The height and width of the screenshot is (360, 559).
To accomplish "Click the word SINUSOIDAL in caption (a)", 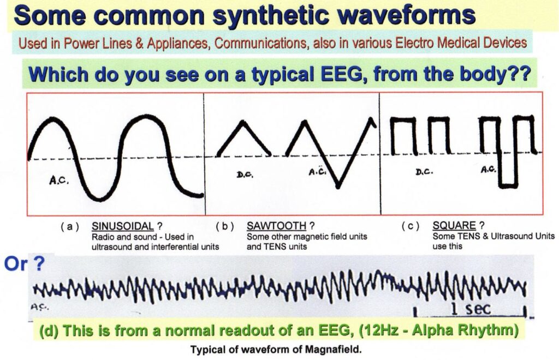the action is tap(123, 226).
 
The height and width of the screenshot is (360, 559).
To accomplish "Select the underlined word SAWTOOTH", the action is tap(276, 226).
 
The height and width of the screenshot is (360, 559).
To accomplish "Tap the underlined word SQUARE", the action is tap(454, 225).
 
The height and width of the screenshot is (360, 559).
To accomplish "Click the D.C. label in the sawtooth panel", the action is tap(245, 175).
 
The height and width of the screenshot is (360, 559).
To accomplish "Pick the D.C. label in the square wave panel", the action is tap(424, 172).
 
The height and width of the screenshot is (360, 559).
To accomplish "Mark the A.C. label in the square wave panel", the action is tap(488, 170).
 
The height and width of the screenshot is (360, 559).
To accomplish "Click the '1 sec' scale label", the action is tap(471, 308).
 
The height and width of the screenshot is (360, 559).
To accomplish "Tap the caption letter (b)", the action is tap(225, 226).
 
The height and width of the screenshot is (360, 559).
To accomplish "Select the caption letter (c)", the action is tap(411, 226).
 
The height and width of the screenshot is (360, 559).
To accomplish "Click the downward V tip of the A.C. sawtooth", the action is tap(338, 186).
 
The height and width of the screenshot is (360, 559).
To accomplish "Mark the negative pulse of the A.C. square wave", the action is tap(508, 169).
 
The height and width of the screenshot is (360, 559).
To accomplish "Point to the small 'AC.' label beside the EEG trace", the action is tap(39, 306).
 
